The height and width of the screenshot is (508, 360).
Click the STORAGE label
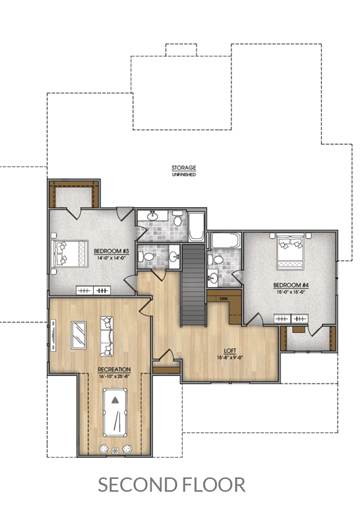(184, 168)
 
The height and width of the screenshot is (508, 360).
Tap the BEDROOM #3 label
(111, 251)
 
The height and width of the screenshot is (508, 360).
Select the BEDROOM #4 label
(291, 285)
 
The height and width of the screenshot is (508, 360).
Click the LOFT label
(230, 351)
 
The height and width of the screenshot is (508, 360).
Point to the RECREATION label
(114, 369)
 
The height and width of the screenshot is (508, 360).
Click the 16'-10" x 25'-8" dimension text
(114, 376)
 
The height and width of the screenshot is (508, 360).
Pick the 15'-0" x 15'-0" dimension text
(291, 292)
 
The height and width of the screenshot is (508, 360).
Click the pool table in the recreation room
(115, 413)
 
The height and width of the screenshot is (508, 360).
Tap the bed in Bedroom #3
(69, 253)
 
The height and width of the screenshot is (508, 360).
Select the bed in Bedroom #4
(290, 252)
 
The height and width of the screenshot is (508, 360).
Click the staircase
(193, 285)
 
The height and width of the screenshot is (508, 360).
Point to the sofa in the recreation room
(107, 336)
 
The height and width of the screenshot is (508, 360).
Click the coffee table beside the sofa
(79, 335)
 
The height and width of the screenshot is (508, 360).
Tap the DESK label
(224, 299)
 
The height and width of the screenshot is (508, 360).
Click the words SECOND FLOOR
(171, 485)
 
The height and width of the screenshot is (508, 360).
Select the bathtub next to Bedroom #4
(226, 240)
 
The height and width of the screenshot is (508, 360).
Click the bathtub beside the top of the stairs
(197, 227)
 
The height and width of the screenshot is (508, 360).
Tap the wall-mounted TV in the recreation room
(53, 335)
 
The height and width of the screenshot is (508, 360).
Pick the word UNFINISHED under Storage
(184, 175)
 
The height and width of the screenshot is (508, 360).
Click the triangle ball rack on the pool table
(115, 400)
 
